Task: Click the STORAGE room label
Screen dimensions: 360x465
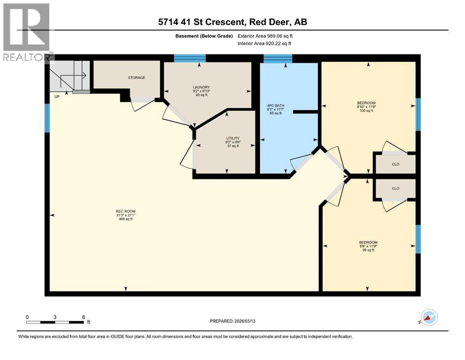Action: [x=137, y=77]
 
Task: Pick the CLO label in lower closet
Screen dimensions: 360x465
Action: [x=395, y=188]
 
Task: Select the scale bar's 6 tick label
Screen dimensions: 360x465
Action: [x=83, y=317]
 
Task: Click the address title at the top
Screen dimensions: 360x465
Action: [x=232, y=22]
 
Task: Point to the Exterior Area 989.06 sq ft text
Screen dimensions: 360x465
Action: [x=266, y=36]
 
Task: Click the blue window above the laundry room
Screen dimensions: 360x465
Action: [x=190, y=58]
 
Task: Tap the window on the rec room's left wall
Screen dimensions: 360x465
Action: [x=47, y=118]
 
